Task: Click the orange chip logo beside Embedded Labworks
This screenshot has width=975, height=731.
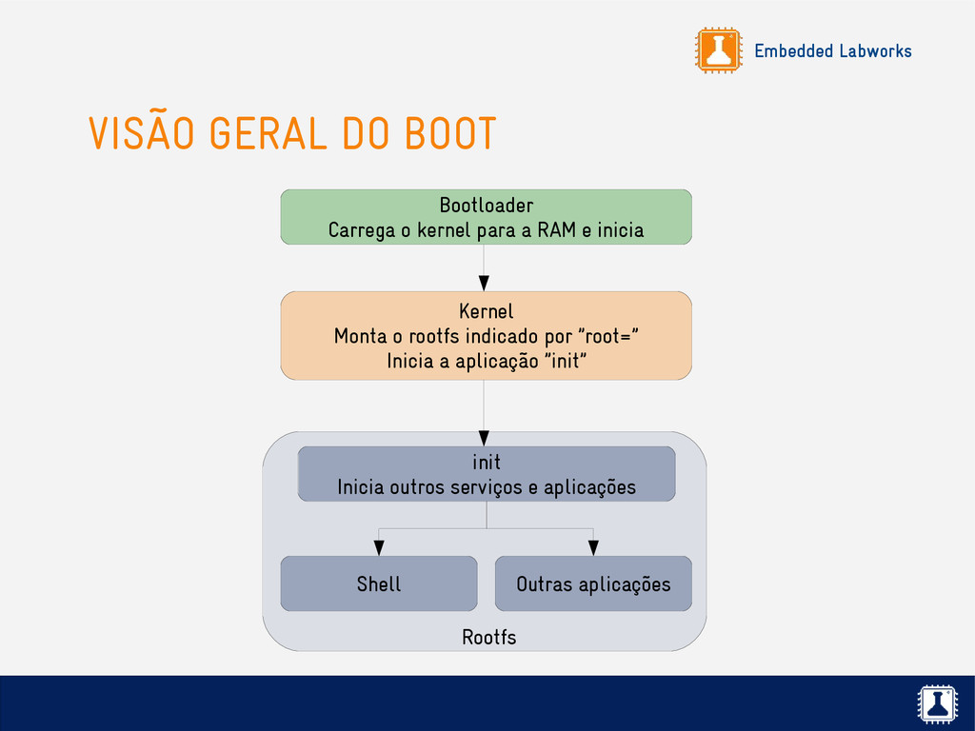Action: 718,50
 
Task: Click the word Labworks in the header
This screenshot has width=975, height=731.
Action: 875,51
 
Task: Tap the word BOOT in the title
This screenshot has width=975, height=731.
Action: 449,134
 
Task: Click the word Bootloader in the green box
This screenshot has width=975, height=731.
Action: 486,206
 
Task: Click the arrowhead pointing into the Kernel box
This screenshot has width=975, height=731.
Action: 484,283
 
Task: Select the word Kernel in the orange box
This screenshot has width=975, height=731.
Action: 486,311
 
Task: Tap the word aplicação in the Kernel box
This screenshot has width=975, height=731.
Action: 498,362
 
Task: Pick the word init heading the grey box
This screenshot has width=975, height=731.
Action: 487,462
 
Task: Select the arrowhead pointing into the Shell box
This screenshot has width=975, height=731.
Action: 379,547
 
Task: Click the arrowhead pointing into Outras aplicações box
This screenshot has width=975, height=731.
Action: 593,547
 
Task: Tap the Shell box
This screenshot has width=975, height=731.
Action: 379,583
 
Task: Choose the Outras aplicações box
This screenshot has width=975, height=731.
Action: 593,583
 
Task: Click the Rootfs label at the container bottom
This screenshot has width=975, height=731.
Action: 488,637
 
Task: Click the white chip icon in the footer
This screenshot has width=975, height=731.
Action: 937,704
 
